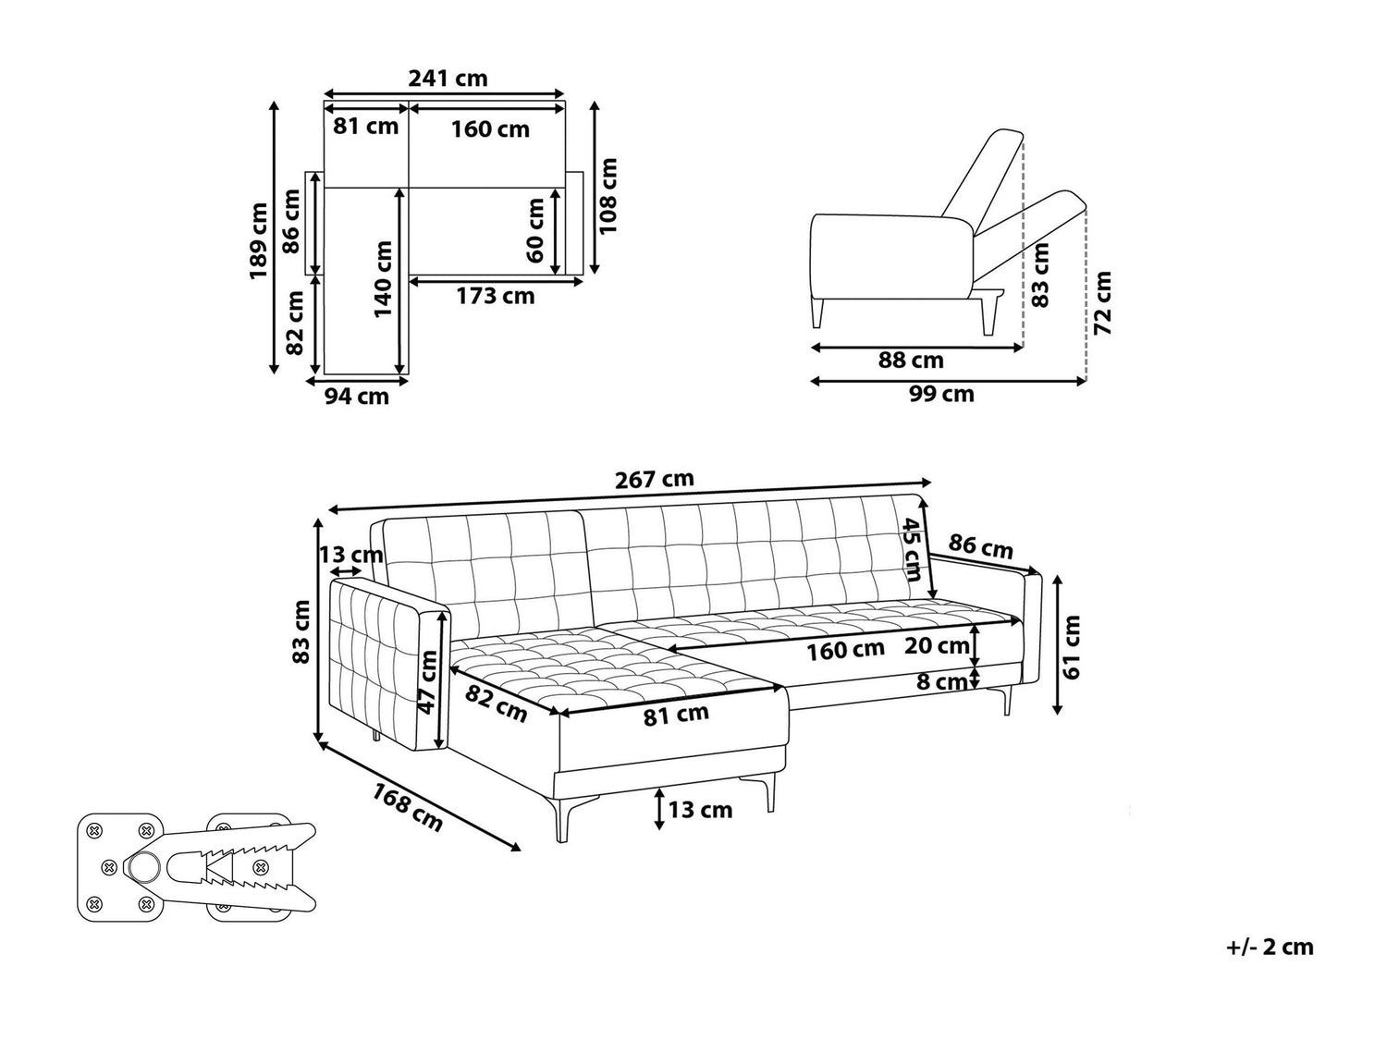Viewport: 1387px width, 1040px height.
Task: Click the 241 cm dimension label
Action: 448,79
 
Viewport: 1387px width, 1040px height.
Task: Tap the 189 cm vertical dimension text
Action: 258,240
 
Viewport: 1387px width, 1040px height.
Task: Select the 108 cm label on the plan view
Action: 608,196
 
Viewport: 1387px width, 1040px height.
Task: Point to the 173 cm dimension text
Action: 496,296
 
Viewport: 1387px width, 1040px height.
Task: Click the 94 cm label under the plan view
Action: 356,397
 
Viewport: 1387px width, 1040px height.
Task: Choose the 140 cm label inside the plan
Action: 383,278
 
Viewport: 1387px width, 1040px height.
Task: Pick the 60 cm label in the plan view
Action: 534,230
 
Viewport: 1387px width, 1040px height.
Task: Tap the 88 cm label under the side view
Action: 911,360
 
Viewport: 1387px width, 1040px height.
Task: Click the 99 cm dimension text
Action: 941,394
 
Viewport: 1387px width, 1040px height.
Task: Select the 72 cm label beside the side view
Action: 1101,303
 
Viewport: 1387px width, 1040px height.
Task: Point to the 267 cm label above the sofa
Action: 655,479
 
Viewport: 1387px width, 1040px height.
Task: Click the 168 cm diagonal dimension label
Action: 408,808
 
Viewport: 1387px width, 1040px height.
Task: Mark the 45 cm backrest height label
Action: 911,549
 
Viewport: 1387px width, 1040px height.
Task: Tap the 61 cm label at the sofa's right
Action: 1072,647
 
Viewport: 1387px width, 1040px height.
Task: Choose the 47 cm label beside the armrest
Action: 428,682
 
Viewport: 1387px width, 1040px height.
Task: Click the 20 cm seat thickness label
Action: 937,645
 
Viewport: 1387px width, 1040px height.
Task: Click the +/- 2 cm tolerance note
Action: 1270,964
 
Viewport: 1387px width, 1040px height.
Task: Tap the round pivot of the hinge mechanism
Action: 144,866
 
